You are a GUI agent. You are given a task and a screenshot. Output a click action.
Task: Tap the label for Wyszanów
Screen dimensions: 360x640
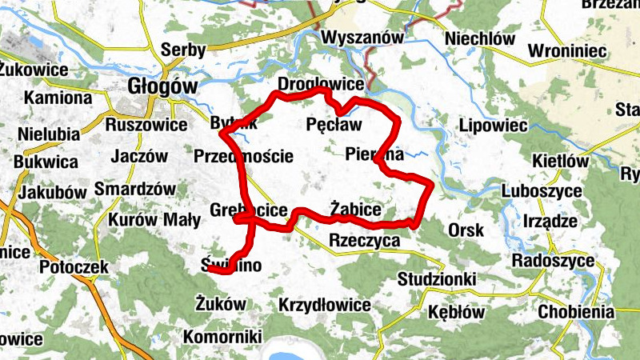pyautogui.click(x=362, y=38)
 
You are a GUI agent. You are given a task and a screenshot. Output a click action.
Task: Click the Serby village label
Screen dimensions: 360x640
pyautogui.click(x=183, y=50)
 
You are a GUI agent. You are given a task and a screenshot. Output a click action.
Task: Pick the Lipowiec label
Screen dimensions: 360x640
pyautogui.click(x=493, y=126)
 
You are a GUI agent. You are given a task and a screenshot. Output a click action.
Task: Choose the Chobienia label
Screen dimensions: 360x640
pyautogui.click(x=577, y=312)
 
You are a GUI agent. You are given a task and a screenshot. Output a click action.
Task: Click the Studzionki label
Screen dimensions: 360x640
pyautogui.click(x=437, y=279)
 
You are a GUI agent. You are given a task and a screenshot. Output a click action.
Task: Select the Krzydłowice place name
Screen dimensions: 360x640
pyautogui.click(x=325, y=305)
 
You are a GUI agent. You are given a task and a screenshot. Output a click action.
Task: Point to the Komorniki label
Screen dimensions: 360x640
pyautogui.click(x=222, y=337)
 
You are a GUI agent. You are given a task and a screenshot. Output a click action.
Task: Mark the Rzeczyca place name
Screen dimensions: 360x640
pyautogui.click(x=364, y=240)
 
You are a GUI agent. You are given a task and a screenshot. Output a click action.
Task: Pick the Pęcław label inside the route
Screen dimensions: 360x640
pyautogui.click(x=334, y=125)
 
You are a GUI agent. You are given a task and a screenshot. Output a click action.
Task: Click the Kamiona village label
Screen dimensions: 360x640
pyautogui.click(x=58, y=98)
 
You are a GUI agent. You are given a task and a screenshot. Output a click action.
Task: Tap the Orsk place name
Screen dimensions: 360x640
pyautogui.click(x=466, y=230)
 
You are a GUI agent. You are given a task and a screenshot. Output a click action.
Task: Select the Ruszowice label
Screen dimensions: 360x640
pyautogui.click(x=146, y=125)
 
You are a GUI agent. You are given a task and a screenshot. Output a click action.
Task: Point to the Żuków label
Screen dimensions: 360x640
pyautogui.click(x=221, y=302)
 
